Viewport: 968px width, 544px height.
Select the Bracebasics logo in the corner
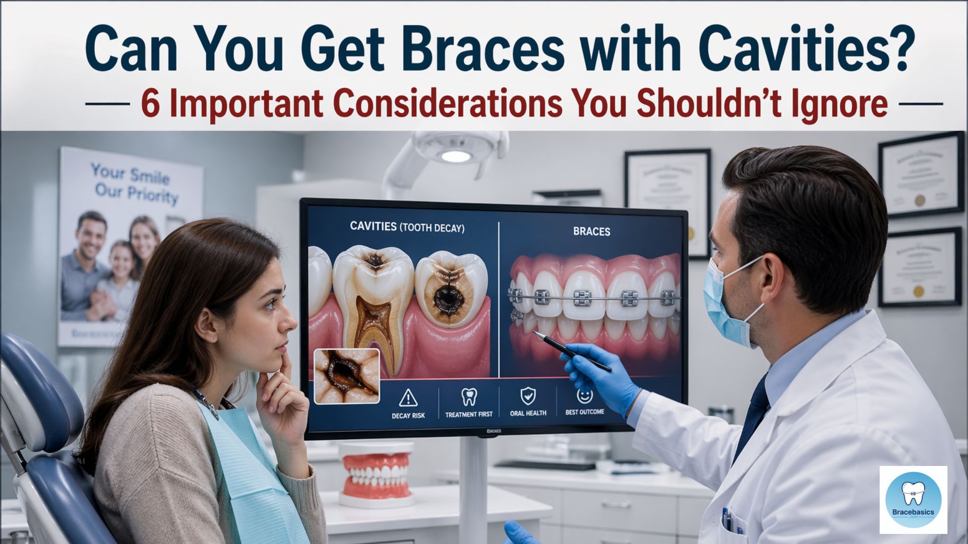pos(913,500)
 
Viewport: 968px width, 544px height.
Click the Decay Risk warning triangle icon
pos(408,398)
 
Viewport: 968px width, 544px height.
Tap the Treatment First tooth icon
pos(469,397)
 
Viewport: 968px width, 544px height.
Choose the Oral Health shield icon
pos(528,396)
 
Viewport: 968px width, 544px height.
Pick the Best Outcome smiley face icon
pos(584,395)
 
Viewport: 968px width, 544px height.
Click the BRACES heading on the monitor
pos(591,232)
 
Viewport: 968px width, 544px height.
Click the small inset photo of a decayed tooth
pos(346,376)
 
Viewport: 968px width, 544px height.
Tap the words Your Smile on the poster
pos(130,174)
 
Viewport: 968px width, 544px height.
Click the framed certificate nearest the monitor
pos(668,201)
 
